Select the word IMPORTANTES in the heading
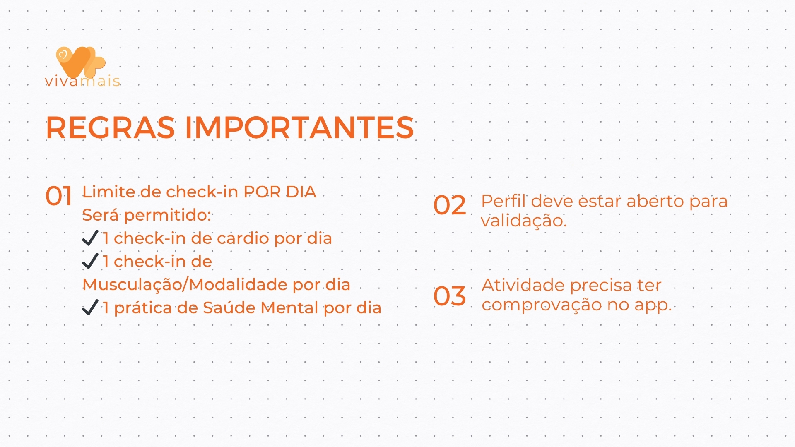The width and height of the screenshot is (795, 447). pyautogui.click(x=299, y=127)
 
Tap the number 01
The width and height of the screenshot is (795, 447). pyautogui.click(x=59, y=196)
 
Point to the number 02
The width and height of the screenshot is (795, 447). pyautogui.click(x=450, y=205)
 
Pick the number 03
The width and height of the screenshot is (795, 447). pyautogui.click(x=450, y=296)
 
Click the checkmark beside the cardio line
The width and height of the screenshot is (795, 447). pyautogui.click(x=90, y=238)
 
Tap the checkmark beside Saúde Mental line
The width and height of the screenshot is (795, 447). pyautogui.click(x=90, y=308)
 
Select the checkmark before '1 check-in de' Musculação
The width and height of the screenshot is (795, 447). pyautogui.click(x=90, y=261)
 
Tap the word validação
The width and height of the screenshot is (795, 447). pyautogui.click(x=523, y=221)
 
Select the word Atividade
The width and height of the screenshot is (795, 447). pyautogui.click(x=523, y=285)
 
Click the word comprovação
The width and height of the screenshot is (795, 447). pyautogui.click(x=542, y=305)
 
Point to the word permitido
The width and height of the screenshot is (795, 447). pyautogui.click(x=167, y=215)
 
